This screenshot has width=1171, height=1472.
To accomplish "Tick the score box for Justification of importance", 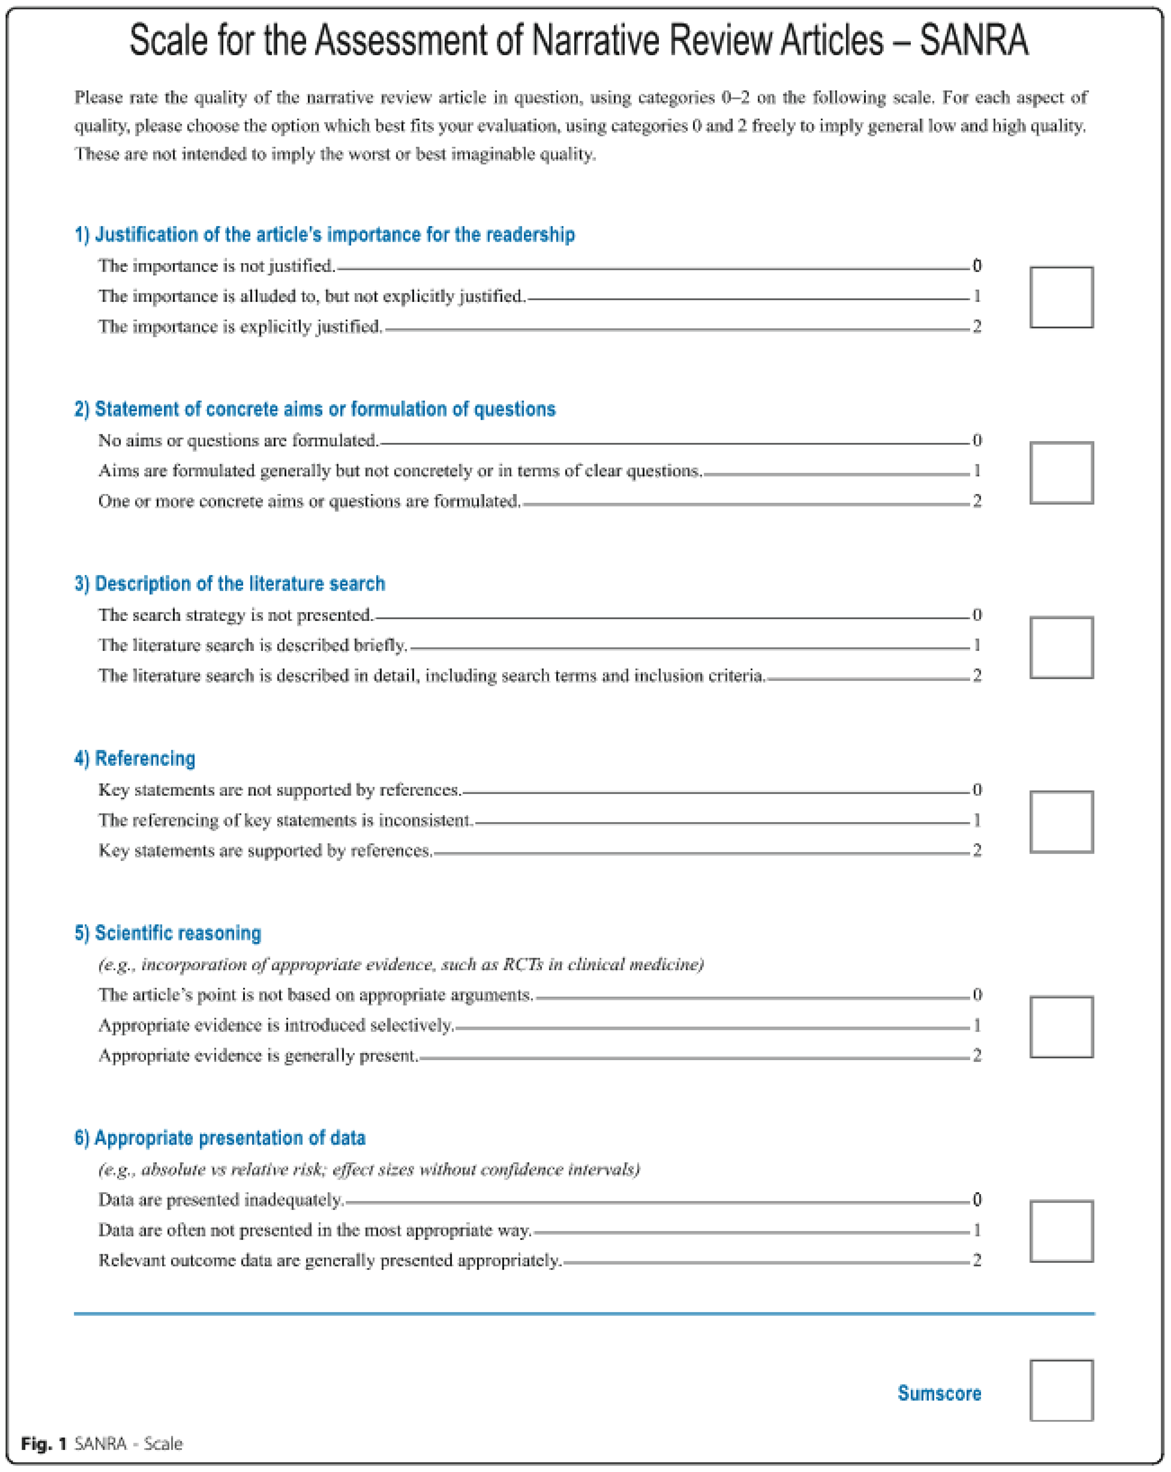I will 1061,297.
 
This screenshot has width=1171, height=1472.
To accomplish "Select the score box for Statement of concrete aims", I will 1061,473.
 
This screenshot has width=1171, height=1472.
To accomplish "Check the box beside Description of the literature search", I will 1061,647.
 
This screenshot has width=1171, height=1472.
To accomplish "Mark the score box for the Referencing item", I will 1061,822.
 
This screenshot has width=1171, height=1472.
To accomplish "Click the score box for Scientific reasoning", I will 1061,1027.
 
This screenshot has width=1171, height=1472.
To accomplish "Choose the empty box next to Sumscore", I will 1061,1390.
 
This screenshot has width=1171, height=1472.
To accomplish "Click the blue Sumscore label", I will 939,1393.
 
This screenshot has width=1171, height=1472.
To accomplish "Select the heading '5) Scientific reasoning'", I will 167,933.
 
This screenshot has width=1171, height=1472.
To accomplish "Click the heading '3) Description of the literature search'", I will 229,584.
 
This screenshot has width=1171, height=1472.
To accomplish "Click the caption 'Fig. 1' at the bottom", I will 44,1443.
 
